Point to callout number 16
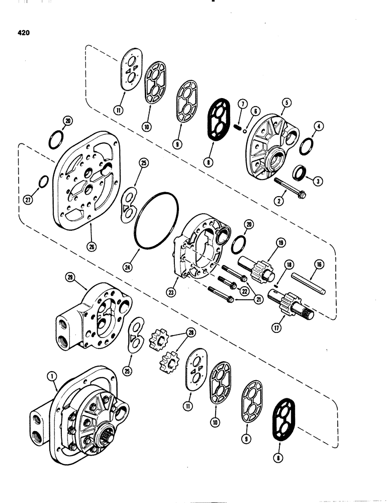tap(318, 263)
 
